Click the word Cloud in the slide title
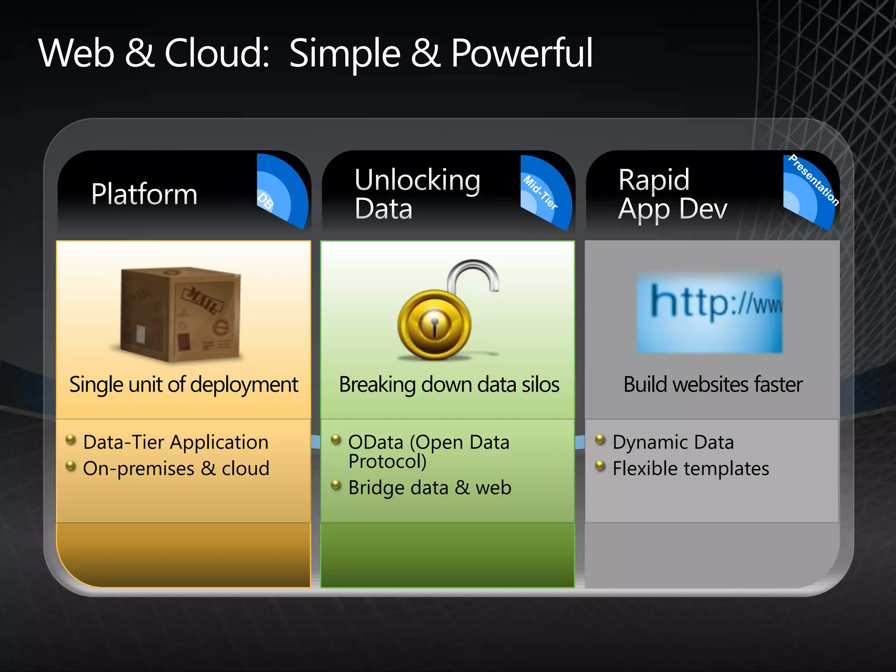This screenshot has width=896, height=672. [217, 53]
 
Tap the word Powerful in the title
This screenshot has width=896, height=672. [521, 53]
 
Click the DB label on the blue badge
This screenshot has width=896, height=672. [266, 201]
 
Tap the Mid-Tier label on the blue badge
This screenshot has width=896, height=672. [541, 192]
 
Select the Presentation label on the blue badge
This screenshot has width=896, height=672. [814, 180]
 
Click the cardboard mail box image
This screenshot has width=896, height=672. [181, 314]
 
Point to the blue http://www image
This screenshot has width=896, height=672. [710, 312]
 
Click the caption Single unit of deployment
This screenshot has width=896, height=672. [184, 385]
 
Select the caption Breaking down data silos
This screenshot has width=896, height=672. [449, 385]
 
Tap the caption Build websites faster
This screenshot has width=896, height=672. [713, 385]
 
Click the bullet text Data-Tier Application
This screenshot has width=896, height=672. [175, 442]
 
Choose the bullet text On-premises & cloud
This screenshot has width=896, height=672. [176, 468]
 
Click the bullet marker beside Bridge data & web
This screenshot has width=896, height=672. [336, 485]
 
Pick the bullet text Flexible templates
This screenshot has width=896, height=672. [690, 468]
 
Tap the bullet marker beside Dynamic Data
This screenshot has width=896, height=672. [600, 439]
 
